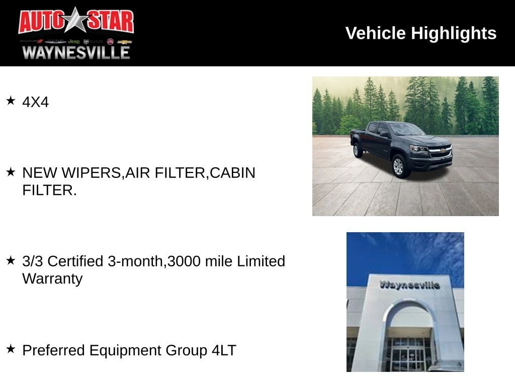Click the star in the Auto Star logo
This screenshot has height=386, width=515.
[x=76, y=20]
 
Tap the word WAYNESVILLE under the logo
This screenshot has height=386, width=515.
[x=76, y=52]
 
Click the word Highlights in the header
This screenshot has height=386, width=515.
[x=454, y=34]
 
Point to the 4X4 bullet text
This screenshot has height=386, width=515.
[x=36, y=102]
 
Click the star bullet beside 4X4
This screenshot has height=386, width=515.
[x=11, y=101]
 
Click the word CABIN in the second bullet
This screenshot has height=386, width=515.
[x=232, y=173]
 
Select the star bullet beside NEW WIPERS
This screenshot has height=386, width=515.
[x=11, y=171]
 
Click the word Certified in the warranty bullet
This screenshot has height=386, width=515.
[x=75, y=261]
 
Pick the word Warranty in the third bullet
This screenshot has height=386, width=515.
[x=52, y=278]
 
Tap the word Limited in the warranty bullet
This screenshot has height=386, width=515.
[x=261, y=261]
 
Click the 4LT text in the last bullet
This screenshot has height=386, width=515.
[x=224, y=350]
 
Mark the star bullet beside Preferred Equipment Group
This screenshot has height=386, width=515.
[x=11, y=349]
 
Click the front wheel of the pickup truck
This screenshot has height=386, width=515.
[x=399, y=166]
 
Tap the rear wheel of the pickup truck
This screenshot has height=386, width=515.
[x=357, y=150]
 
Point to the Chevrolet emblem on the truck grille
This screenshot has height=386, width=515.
[x=444, y=150]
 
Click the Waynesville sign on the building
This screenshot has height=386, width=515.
[x=409, y=284]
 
